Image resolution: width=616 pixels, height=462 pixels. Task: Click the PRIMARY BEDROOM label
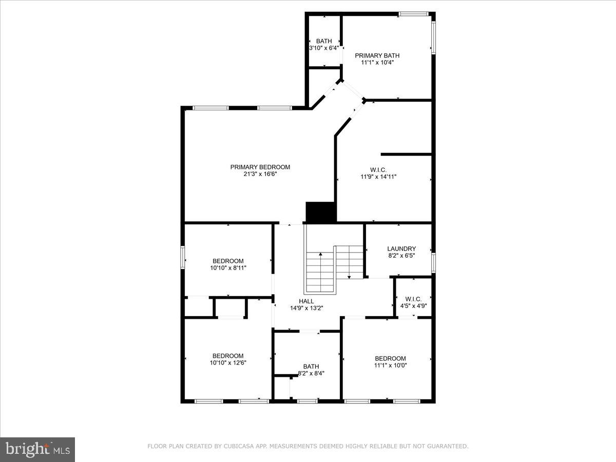pyautogui.click(x=260, y=167)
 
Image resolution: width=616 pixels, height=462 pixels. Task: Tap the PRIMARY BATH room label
pyautogui.click(x=377, y=55)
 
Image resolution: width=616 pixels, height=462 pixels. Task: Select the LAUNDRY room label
pyautogui.click(x=401, y=248)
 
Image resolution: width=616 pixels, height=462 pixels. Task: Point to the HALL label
pyautogui.click(x=306, y=301)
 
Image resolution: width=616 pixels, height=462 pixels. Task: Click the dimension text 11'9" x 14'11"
pyautogui.click(x=378, y=177)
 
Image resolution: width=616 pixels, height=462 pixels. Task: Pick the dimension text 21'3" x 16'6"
pyautogui.click(x=260, y=174)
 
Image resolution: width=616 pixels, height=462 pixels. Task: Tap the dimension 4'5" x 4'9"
pyautogui.click(x=413, y=306)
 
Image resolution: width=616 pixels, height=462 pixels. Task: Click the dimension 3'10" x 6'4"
pyautogui.click(x=324, y=48)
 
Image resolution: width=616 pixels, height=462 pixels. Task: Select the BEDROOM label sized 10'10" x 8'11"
pyautogui.click(x=228, y=261)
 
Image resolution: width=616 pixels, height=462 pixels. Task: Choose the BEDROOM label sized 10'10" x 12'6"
pyautogui.click(x=228, y=356)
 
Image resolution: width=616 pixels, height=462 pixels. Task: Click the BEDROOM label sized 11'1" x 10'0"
pyautogui.click(x=390, y=358)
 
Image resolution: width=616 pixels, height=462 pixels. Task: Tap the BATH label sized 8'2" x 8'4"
pyautogui.click(x=311, y=366)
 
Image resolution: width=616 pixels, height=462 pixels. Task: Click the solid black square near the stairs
pyautogui.click(x=320, y=211)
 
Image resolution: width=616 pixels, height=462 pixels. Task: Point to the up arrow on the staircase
pyautogui.click(x=321, y=255)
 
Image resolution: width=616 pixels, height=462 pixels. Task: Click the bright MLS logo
pyautogui.click(x=37, y=449)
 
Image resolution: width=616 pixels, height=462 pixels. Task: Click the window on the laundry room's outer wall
pyautogui.click(x=434, y=262)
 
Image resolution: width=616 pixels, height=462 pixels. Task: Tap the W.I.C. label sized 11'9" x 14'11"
pyautogui.click(x=378, y=169)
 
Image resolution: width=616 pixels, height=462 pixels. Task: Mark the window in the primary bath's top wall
pyautogui.click(x=414, y=14)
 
